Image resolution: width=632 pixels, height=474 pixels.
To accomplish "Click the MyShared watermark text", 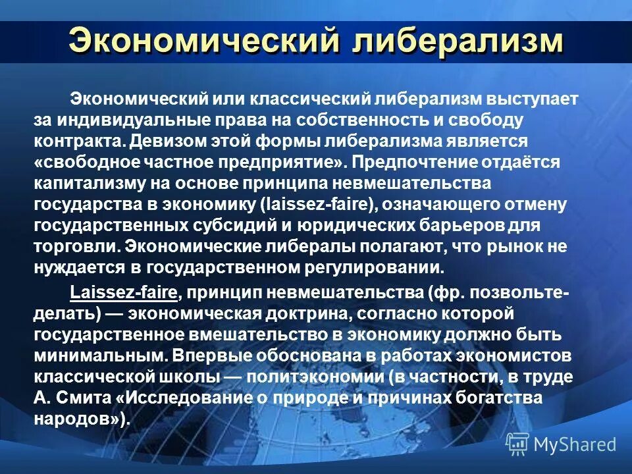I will point(575,444).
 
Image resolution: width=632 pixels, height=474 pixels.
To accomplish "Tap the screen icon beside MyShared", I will point(517,444).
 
